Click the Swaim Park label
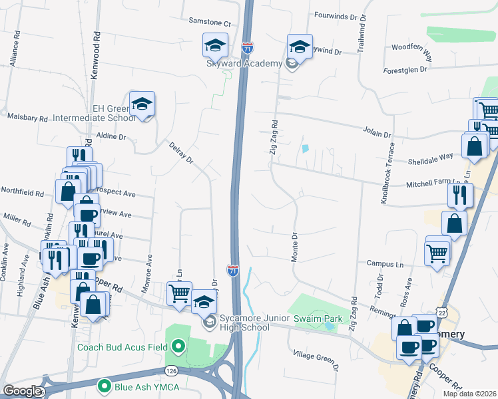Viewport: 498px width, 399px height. tap(318, 319)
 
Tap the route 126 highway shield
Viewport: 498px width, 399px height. tap(172, 370)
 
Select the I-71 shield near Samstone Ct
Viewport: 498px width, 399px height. tap(247, 49)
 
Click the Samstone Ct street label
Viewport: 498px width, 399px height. tap(209, 21)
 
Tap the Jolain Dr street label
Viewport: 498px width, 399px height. tap(375, 130)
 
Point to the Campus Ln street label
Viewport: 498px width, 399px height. tap(385, 264)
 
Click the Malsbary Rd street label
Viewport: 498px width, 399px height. tap(28, 117)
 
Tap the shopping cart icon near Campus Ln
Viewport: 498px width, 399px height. tap(437, 251)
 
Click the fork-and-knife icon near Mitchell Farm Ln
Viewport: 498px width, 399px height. tap(460, 194)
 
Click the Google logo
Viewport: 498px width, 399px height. tap(22, 391)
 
